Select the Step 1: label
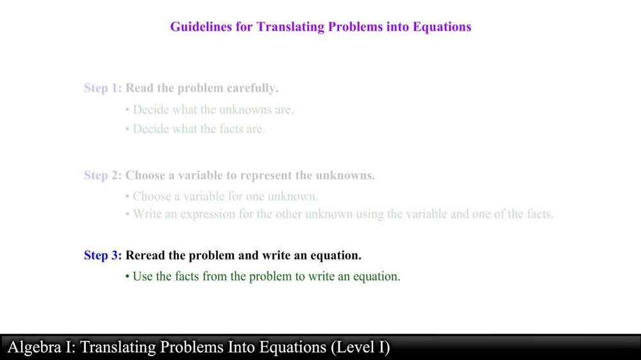click(x=103, y=88)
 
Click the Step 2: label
click(x=103, y=176)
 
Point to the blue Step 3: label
click(x=103, y=256)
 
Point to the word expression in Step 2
click(x=189, y=214)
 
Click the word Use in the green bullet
click(x=142, y=277)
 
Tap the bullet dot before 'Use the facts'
click(x=128, y=277)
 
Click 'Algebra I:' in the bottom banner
click(x=42, y=347)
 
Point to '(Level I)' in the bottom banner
click(x=360, y=347)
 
